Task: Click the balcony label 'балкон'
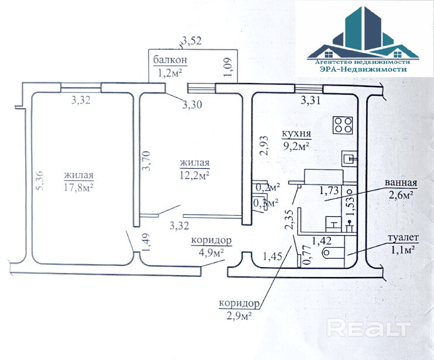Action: pos(170,61)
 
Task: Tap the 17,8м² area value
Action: pos(79,187)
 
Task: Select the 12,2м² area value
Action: pos(195,174)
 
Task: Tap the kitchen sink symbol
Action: pos(349,157)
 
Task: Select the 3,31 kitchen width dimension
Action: pos(311,101)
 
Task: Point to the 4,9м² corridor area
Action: pos(210,252)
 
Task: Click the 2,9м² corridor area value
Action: pos(239,316)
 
